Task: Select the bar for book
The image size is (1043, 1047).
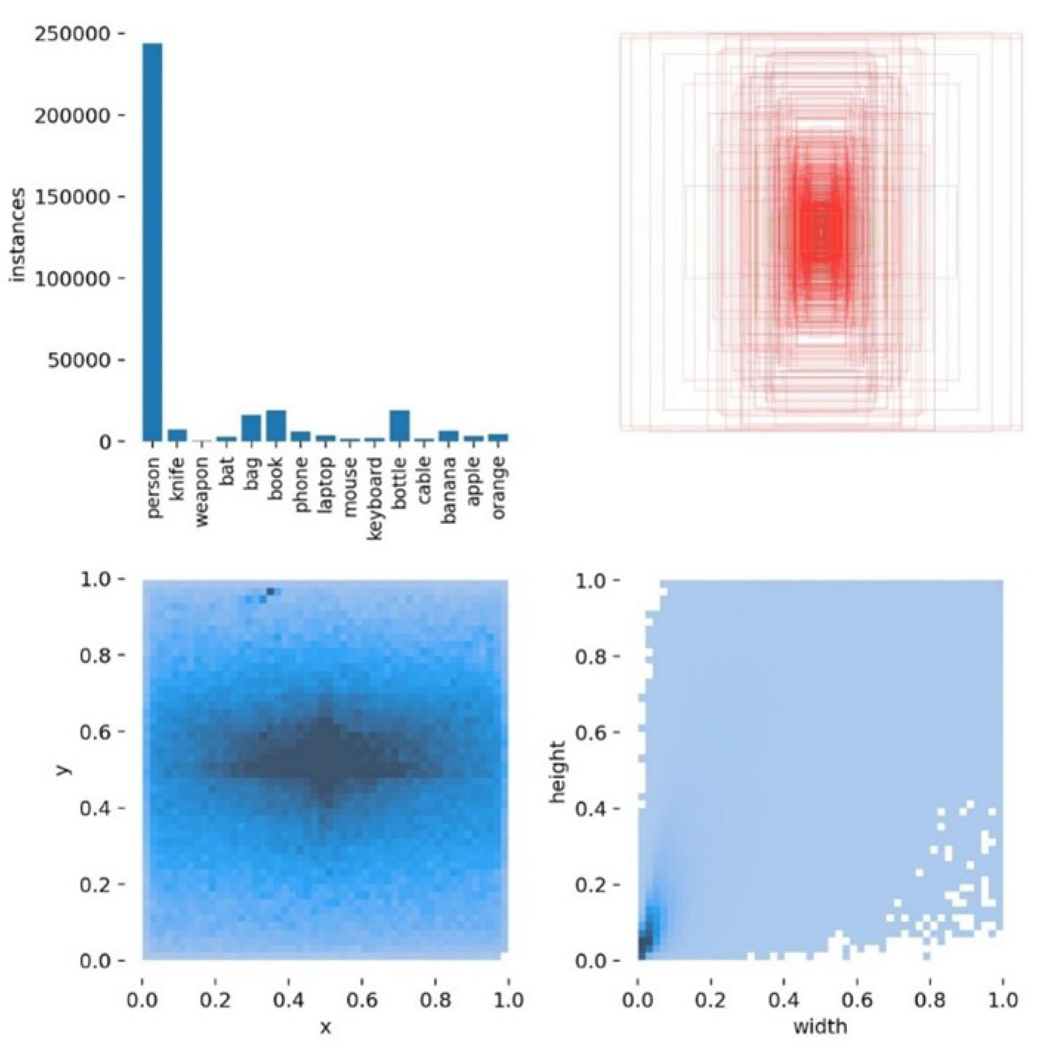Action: click(276, 427)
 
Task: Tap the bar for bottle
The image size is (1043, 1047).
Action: click(399, 427)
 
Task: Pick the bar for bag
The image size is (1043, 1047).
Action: click(251, 429)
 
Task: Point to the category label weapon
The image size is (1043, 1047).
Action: click(202, 492)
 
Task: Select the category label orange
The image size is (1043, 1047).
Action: click(499, 488)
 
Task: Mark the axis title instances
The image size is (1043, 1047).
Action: click(18, 235)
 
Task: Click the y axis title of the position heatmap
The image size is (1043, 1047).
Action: click(63, 770)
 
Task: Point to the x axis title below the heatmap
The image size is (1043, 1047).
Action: click(325, 1027)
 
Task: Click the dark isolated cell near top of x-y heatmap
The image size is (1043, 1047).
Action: click(270, 591)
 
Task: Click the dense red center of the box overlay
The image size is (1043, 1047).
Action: click(820, 233)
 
